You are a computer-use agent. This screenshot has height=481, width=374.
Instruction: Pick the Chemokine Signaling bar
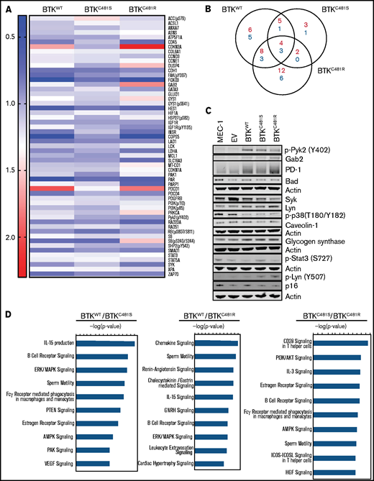tap(227, 343)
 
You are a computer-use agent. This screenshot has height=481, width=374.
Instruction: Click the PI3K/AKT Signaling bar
tap(332, 357)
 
